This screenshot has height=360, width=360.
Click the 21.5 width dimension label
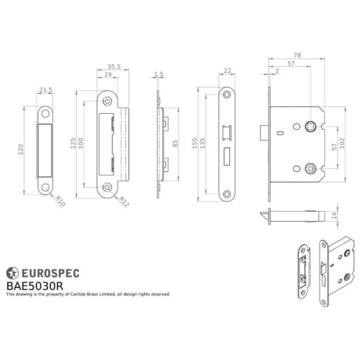45,90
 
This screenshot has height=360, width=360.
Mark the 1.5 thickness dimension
159,73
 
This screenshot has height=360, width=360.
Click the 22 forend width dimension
227,70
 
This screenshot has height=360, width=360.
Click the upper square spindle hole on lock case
309,126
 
